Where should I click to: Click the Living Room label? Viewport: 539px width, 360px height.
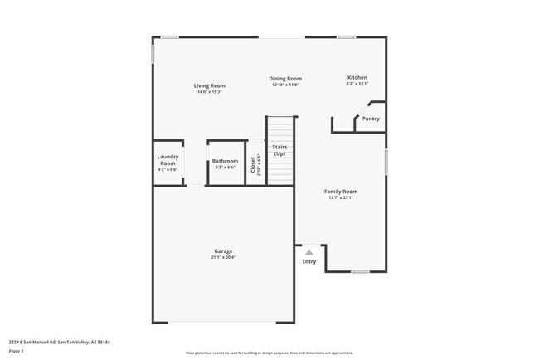[x=210, y=85]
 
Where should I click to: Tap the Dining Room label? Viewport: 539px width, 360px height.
[x=284, y=79]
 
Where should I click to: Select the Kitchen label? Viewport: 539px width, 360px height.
[x=357, y=78]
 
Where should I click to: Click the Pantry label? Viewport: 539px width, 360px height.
[x=371, y=119]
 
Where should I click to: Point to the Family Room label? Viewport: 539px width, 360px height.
[x=340, y=192]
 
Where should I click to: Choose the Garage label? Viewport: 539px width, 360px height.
[x=223, y=251]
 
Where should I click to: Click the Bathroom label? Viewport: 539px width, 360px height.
[x=225, y=161]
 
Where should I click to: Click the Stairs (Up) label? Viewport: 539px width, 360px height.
[x=280, y=150]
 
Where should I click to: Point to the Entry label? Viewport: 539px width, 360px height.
[x=308, y=262]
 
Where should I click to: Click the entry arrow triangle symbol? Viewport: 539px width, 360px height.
[x=308, y=252]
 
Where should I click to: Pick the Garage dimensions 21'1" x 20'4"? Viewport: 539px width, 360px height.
[x=223, y=257]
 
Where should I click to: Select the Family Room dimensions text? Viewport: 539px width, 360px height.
[x=340, y=197]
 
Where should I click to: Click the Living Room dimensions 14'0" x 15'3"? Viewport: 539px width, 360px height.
[x=210, y=91]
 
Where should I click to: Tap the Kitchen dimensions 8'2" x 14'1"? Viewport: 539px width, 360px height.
[x=357, y=84]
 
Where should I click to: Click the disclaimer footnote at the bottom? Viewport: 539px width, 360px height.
[x=269, y=353]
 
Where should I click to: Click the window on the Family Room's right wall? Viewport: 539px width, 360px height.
[x=386, y=160]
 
